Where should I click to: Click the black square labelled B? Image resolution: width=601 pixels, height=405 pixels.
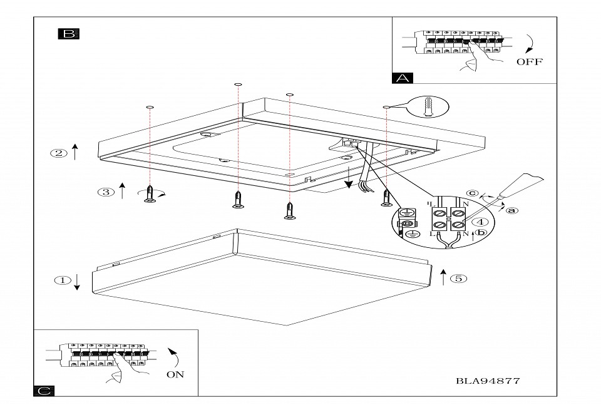(x=68, y=33)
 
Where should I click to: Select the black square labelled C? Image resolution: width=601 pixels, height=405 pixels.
(x=43, y=391)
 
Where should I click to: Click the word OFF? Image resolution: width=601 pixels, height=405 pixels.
(x=530, y=61)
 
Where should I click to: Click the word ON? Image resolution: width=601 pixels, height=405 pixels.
(x=175, y=374)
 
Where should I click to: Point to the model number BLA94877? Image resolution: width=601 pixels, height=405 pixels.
(x=488, y=380)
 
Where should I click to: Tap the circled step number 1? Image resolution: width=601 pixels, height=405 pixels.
(x=62, y=280)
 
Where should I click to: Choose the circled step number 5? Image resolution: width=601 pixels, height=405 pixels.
(x=460, y=278)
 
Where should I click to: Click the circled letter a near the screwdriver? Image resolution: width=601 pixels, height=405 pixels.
(x=512, y=210)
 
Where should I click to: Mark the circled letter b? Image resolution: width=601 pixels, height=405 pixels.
(x=481, y=232)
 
